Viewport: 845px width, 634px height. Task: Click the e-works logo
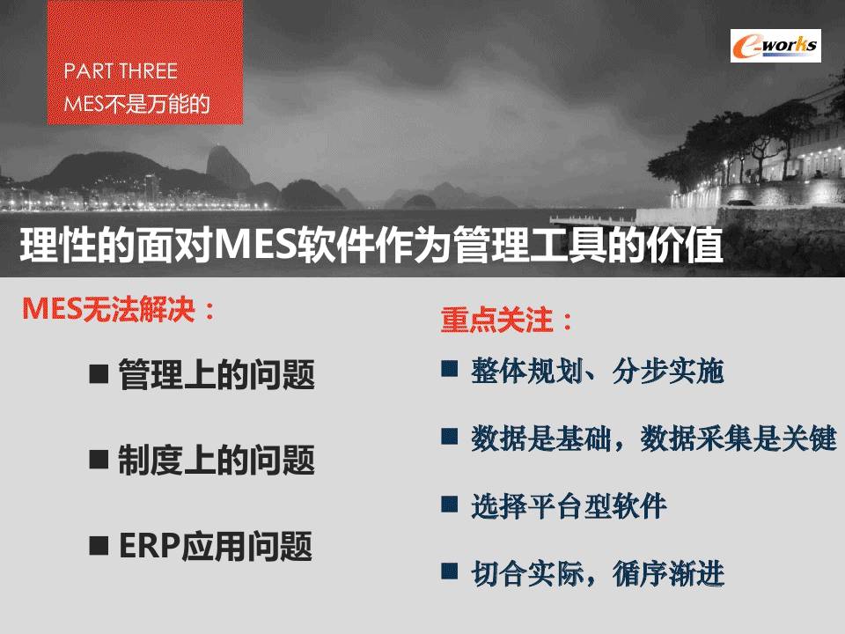point(775,46)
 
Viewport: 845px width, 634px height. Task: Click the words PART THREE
point(121,71)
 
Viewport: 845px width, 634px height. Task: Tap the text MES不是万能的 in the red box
point(136,104)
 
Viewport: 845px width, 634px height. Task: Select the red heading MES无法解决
point(119,309)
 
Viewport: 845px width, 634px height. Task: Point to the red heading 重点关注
point(506,320)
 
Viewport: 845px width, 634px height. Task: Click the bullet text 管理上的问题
point(217,373)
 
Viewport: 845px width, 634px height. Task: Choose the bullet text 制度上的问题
point(217,460)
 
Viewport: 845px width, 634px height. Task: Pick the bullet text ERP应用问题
point(216,546)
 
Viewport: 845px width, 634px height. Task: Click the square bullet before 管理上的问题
point(99,373)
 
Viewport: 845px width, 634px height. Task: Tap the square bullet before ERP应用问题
point(99,545)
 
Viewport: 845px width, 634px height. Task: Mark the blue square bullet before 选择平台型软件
point(450,504)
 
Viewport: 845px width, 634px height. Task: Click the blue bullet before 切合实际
point(450,571)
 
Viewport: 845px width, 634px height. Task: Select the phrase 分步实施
point(668,371)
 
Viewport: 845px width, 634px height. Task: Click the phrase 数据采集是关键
point(738,439)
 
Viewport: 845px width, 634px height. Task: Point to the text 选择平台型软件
point(569,505)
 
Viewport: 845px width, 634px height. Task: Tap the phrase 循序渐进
point(668,573)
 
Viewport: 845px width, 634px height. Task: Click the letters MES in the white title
point(257,245)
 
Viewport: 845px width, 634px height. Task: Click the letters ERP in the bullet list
point(150,546)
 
